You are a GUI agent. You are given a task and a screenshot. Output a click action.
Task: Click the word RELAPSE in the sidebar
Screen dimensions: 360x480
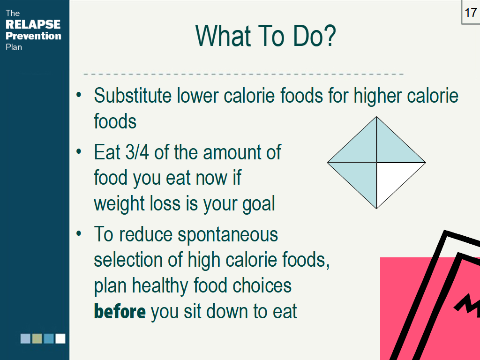(x=33, y=24)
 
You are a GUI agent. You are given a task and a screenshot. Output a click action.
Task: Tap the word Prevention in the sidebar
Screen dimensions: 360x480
(x=33, y=36)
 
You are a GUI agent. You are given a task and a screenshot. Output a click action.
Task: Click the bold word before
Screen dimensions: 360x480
(x=120, y=311)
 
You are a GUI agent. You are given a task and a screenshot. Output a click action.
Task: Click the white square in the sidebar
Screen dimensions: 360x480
(x=60, y=338)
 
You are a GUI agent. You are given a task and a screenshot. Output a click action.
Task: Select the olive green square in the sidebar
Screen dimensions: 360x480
(x=37, y=338)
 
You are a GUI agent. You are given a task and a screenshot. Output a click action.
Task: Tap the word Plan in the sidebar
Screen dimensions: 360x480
(x=14, y=47)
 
